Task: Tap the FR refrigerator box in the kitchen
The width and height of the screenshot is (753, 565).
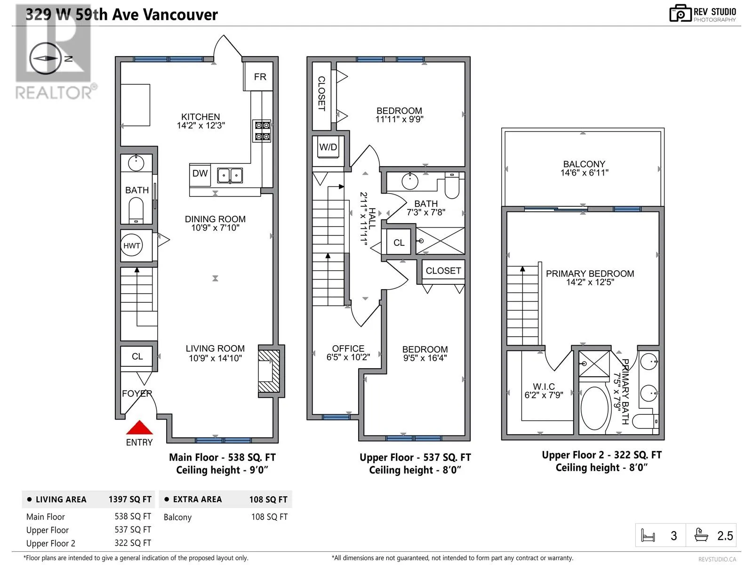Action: [258, 76]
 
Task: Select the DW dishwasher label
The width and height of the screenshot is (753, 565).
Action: [200, 173]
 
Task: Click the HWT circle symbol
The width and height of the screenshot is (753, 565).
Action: [132, 245]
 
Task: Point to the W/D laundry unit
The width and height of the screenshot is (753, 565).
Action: [328, 147]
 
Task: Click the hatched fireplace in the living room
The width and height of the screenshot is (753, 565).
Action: [269, 371]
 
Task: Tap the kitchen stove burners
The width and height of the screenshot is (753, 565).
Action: [262, 131]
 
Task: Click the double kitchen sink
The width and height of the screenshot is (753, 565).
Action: [230, 175]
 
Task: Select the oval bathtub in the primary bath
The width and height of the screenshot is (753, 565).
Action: [594, 408]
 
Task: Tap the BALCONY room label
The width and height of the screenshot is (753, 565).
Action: [584, 164]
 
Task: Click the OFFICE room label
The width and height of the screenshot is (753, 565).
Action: [348, 348]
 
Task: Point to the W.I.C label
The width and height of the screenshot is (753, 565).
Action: [544, 386]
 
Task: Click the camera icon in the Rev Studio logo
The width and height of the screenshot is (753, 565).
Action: [680, 14]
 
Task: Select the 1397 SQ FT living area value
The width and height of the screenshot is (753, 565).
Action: [130, 499]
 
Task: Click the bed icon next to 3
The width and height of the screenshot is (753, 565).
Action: [648, 535]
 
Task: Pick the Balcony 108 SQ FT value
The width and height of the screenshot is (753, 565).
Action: [269, 517]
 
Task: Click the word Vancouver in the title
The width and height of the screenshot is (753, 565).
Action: [180, 15]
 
